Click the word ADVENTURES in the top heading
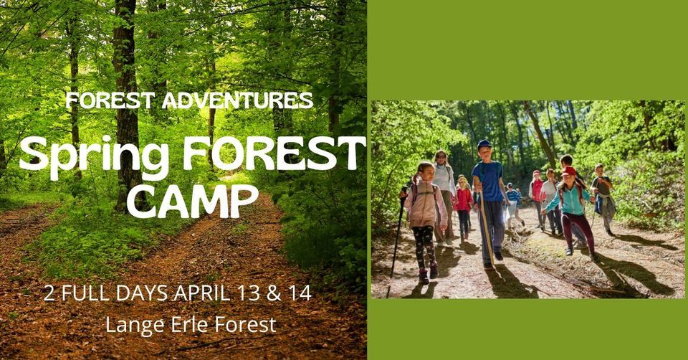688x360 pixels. coord(237,100)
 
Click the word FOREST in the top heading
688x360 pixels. coord(111,100)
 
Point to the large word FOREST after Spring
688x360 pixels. coord(274,153)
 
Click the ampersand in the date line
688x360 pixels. coord(274,293)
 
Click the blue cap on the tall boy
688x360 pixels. coord(484,144)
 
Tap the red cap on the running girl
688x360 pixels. coord(568,171)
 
